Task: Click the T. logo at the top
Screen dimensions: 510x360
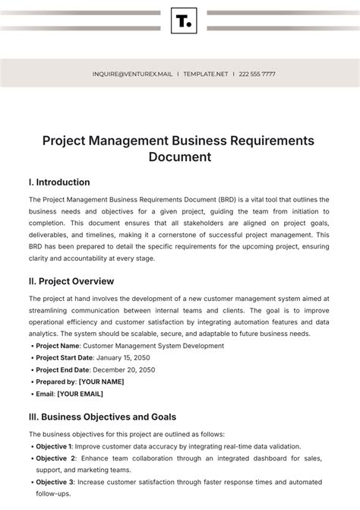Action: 184,21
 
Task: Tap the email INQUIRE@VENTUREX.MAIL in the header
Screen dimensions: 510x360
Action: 131,74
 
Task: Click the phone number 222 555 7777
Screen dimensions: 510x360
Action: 257,74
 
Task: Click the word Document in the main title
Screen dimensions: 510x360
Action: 180,157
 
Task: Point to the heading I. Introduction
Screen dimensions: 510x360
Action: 58,182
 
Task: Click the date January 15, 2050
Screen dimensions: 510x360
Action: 131,358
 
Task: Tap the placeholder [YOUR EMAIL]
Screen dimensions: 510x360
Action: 81,394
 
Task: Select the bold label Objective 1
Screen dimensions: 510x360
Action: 54,446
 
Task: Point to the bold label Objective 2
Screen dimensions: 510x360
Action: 55,458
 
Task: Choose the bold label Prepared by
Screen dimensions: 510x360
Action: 55,382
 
